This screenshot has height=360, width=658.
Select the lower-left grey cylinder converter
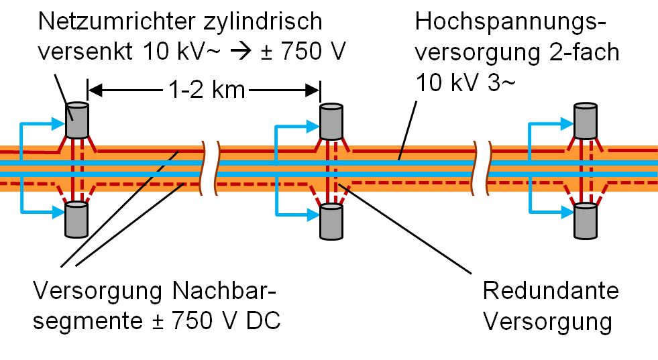[76, 219]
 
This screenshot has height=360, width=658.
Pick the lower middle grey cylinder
[331, 221]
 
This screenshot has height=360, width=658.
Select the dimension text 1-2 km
[203, 88]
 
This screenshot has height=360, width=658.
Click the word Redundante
[551, 292]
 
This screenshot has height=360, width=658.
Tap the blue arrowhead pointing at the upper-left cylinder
[57, 123]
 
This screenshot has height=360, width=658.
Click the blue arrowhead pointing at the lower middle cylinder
[311, 215]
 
